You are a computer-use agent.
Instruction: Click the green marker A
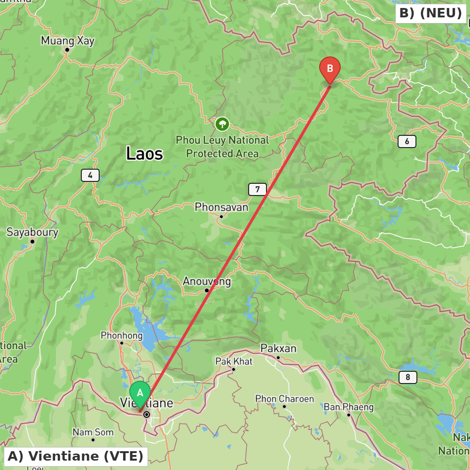(140, 392)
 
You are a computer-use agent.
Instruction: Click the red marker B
(329, 69)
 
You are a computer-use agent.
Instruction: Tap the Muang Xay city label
(68, 41)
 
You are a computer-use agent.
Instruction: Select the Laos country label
(144, 153)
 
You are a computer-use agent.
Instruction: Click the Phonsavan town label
(221, 207)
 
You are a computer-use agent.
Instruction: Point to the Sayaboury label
(32, 232)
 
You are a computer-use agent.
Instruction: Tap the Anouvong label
(207, 282)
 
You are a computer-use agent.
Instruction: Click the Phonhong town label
(121, 336)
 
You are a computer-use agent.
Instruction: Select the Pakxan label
(278, 348)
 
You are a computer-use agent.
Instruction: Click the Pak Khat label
(234, 361)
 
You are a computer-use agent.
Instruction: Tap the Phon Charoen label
(284, 399)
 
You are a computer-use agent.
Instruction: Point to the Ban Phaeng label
(349, 407)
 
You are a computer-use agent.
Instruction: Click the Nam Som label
(93, 432)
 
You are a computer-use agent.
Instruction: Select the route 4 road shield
(90, 176)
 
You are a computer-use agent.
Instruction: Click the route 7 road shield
(257, 190)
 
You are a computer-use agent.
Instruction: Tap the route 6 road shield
(407, 141)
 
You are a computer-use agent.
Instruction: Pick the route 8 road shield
(407, 377)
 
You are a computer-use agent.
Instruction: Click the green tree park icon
(222, 124)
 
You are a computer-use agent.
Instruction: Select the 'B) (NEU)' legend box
(431, 14)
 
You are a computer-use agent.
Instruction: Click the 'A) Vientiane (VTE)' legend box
(76, 456)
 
